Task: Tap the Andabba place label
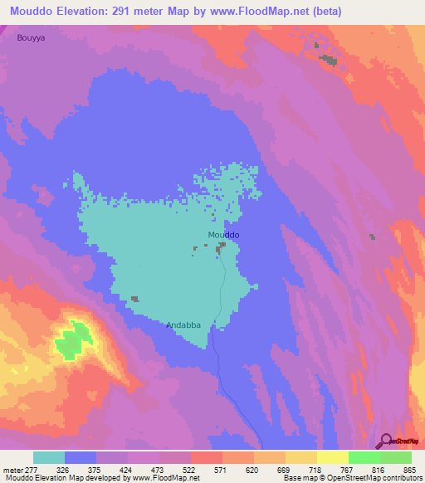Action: pyautogui.click(x=183, y=325)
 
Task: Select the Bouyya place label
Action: pyautogui.click(x=30, y=38)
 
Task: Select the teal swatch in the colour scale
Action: pyautogui.click(x=49, y=457)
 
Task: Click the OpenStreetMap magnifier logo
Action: pyautogui.click(x=385, y=441)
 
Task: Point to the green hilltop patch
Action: pyautogui.click(x=75, y=340)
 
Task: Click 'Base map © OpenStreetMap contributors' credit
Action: pyautogui.click(x=349, y=479)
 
